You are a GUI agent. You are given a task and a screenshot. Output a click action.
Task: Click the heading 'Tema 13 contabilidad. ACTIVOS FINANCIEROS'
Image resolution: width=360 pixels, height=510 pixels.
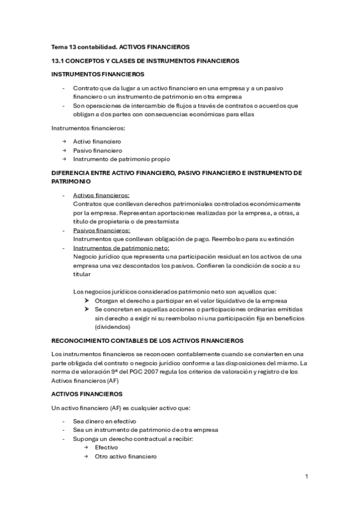(x=120, y=46)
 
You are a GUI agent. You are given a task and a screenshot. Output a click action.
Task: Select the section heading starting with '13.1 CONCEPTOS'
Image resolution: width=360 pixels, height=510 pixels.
(x=145, y=61)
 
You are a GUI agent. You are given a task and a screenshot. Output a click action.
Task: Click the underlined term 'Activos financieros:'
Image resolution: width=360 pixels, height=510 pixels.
(x=101, y=195)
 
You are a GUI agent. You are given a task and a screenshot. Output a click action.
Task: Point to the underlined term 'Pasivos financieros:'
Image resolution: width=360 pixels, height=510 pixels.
(x=101, y=230)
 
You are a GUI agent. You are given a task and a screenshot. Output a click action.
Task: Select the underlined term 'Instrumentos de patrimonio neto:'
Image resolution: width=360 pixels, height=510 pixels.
(x=121, y=248)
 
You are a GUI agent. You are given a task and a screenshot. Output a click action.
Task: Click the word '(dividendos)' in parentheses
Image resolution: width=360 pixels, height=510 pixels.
(x=112, y=327)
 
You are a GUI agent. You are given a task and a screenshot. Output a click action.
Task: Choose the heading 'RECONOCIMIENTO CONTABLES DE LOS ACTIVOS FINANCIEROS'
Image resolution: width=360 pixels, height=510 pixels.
(x=147, y=340)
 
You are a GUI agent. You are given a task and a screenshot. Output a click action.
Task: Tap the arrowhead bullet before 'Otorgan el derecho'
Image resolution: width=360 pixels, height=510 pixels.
(x=87, y=300)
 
